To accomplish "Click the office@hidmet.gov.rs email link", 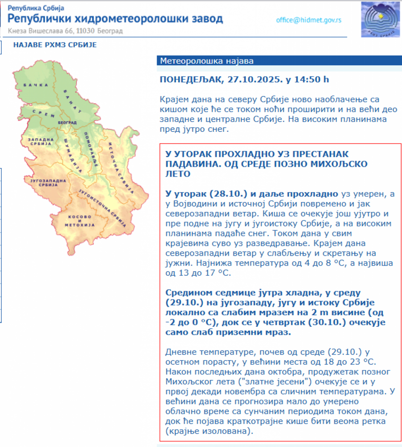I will tap(309, 20).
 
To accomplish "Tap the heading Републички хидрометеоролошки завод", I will tap(115, 19).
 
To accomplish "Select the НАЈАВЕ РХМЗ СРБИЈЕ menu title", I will tap(55, 45).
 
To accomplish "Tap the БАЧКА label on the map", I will tap(35, 85).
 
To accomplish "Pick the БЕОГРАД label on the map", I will tap(67, 122).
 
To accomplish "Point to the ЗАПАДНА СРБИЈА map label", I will tap(41, 142).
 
